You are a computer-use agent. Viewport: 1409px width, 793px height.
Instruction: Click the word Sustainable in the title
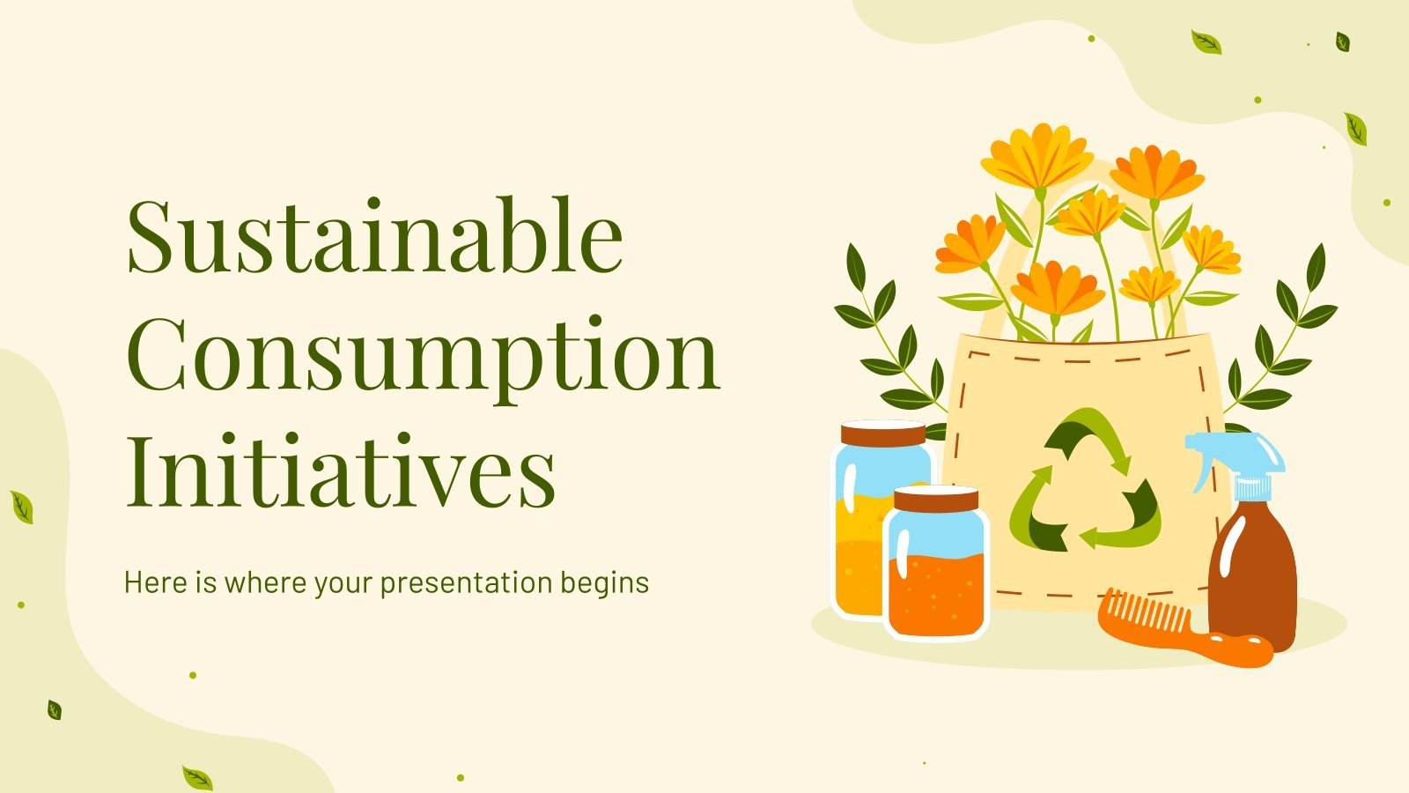click(x=375, y=236)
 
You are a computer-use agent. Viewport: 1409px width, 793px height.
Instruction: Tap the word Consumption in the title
click(x=424, y=355)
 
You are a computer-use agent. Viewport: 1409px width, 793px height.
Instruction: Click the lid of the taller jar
click(x=882, y=434)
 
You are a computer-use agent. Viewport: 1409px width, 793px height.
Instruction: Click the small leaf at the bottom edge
click(x=197, y=778)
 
